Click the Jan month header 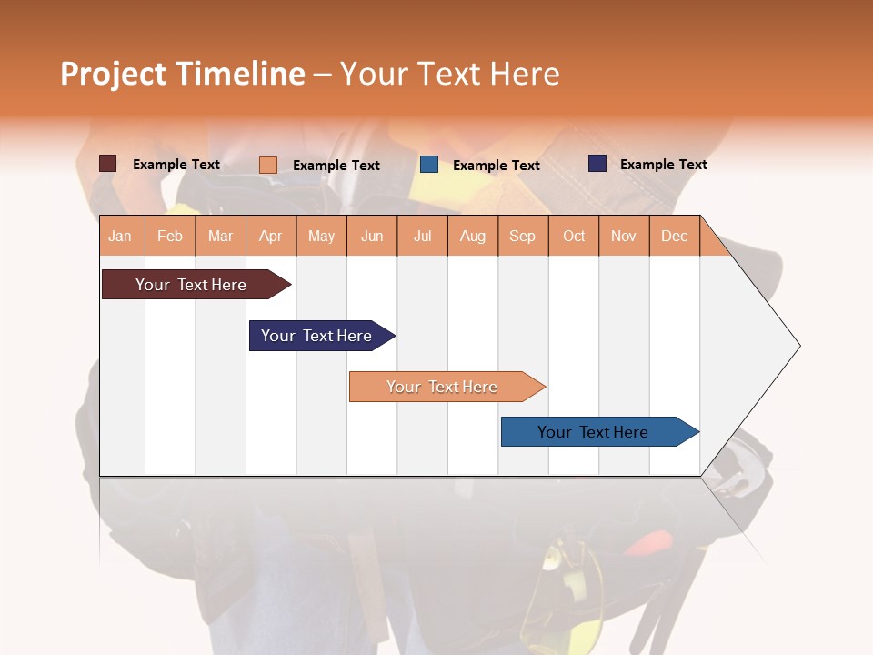pyautogui.click(x=120, y=236)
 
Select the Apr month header pyautogui.click(x=270, y=236)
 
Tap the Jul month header pyautogui.click(x=422, y=236)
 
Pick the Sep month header pyautogui.click(x=522, y=236)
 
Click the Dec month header pyautogui.click(x=674, y=236)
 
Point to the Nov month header pyautogui.click(x=623, y=236)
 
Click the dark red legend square pyautogui.click(x=107, y=164)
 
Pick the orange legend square pyautogui.click(x=267, y=165)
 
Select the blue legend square pyautogui.click(x=429, y=165)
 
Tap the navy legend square pyautogui.click(x=597, y=164)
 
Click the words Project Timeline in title pyautogui.click(x=182, y=74)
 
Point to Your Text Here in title pyautogui.click(x=449, y=74)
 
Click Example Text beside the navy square pyautogui.click(x=663, y=165)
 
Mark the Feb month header pyautogui.click(x=169, y=236)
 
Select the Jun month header pyautogui.click(x=371, y=236)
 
